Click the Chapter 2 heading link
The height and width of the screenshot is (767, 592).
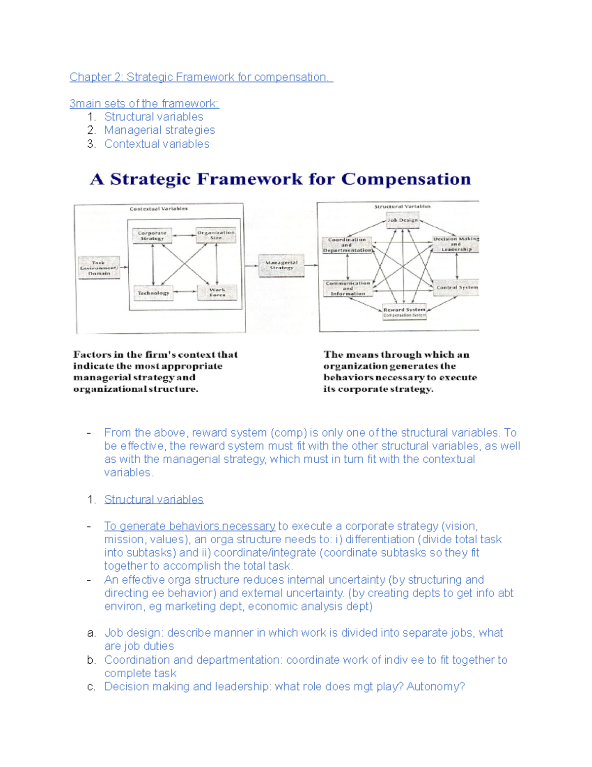(201, 77)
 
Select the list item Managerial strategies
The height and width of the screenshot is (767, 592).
(159, 130)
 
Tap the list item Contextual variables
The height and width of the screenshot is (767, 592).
(157, 144)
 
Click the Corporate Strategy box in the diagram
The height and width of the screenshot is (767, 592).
(152, 236)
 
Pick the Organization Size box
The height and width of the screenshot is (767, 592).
(216, 235)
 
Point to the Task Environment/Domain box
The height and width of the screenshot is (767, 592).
(99, 268)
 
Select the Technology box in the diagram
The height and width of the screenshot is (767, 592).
(153, 293)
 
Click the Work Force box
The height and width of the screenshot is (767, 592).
(217, 293)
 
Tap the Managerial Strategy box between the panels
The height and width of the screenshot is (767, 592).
(282, 266)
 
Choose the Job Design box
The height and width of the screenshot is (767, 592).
(403, 220)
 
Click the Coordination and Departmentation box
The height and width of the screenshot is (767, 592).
(347, 245)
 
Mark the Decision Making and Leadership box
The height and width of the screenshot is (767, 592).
(456, 244)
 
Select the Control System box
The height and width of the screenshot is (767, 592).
(457, 287)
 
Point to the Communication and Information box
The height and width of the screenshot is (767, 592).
(348, 288)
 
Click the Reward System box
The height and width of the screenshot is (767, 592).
(405, 312)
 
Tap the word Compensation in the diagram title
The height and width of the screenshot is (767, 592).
(406, 179)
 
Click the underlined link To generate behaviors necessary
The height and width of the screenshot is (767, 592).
(190, 526)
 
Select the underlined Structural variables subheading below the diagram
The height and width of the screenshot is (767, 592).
(154, 500)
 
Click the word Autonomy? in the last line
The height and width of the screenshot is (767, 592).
(436, 687)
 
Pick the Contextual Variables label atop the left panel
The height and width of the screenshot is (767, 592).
(158, 209)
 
